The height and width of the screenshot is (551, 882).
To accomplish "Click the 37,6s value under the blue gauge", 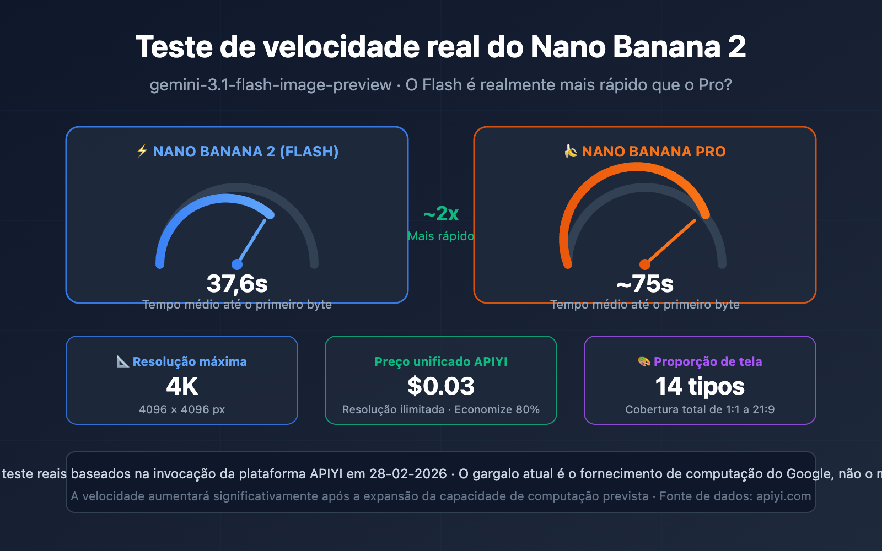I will pyautogui.click(x=237, y=284).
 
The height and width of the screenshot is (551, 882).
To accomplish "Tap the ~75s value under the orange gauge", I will pyautogui.click(x=645, y=284).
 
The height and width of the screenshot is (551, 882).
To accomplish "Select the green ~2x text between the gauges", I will pyautogui.click(x=441, y=213).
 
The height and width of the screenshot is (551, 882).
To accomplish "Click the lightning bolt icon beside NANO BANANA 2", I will pyautogui.click(x=142, y=151).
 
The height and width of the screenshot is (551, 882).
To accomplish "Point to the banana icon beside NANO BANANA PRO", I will pyautogui.click(x=571, y=151).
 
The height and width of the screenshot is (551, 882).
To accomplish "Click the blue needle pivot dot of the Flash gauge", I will pyautogui.click(x=237, y=264).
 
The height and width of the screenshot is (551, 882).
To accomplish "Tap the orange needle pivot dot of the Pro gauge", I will pyautogui.click(x=644, y=264).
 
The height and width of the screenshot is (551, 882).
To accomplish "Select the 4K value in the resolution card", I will pyautogui.click(x=182, y=386).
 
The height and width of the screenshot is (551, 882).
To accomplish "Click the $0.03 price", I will pyautogui.click(x=441, y=386).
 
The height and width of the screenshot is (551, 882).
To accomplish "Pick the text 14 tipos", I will pyautogui.click(x=700, y=386).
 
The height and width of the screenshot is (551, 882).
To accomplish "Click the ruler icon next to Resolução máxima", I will pyautogui.click(x=122, y=361).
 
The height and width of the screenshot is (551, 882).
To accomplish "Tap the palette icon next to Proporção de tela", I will pyautogui.click(x=644, y=361).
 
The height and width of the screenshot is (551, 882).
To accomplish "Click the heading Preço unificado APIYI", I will pyautogui.click(x=441, y=361).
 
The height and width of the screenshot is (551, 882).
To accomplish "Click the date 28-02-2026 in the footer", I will pyautogui.click(x=408, y=474).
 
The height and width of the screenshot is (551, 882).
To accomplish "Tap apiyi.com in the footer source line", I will pyautogui.click(x=783, y=496).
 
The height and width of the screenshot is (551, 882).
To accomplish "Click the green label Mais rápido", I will pyautogui.click(x=441, y=236).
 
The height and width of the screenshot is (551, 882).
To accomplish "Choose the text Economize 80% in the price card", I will pyautogui.click(x=497, y=409).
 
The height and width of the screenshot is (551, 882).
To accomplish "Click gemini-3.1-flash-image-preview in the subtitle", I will pyautogui.click(x=271, y=85).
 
